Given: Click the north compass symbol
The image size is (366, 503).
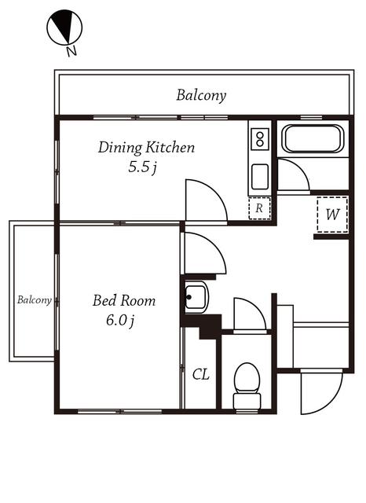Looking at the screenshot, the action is tap(64, 26).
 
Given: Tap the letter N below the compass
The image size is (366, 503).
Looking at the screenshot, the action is tap(71, 51).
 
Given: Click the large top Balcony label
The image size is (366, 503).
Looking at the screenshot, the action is tap(201, 96).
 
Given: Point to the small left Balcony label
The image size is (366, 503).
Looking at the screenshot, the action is tap(35, 300).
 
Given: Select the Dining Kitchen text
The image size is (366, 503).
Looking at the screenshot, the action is tap(146, 148).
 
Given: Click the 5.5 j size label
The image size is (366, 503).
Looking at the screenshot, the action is tap(142, 167).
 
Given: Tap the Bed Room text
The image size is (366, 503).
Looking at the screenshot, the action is tap(124, 300).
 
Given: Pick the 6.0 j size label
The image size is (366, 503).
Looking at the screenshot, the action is tap(120, 321).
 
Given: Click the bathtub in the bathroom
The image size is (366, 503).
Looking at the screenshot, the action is tap(313, 138).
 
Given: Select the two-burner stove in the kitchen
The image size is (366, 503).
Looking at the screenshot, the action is tap(260, 139).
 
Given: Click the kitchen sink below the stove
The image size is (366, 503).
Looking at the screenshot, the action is tap(260, 177).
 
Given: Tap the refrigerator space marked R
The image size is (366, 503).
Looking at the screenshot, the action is tap(260, 208).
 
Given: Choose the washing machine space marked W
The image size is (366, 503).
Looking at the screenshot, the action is tap(332, 214).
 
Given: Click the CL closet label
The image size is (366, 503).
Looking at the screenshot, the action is tap(201, 374).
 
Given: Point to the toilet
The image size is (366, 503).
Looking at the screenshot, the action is tap(247, 386).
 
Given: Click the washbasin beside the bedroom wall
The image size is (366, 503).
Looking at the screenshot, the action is tap(196, 297).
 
